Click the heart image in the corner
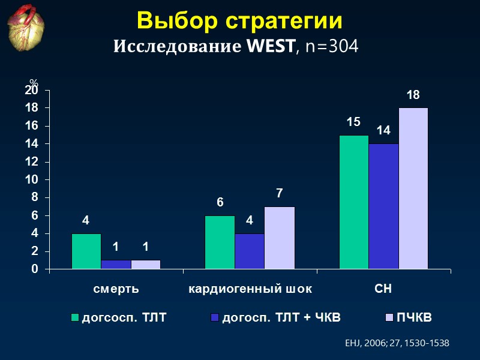[x=29, y=29]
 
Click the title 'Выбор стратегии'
[x=239, y=20]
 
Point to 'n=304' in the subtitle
[x=331, y=46]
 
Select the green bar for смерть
[x=86, y=251]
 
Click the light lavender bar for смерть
[x=145, y=265]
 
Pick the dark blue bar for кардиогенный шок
[x=249, y=251]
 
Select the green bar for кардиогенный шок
[x=220, y=242]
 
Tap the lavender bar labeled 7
[x=279, y=238]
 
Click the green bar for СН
[x=354, y=202]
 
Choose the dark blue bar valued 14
[x=383, y=206]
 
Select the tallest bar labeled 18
[x=413, y=188]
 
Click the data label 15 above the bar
[x=353, y=122]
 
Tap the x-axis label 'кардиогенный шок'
[x=250, y=289]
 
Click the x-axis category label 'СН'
[x=383, y=289]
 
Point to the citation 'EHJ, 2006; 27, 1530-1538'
[x=397, y=343]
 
